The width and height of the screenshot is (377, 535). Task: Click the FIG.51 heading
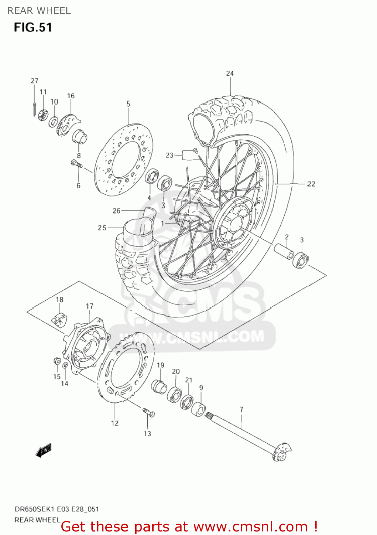point(33,27)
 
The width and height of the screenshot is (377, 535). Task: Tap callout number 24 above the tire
point(230,73)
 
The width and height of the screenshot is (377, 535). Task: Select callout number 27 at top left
point(34,81)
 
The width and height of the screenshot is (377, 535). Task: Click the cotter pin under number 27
point(34,108)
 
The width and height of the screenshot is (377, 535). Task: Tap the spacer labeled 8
point(80,137)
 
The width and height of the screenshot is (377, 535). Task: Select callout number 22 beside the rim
point(311,184)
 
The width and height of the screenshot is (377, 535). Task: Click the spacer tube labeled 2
point(284,251)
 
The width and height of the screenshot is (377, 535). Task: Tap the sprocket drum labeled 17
point(86,346)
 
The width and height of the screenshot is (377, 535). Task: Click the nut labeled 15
point(56,361)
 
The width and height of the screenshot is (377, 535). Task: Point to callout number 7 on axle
point(241,409)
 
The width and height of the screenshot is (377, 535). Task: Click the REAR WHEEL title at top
point(39,11)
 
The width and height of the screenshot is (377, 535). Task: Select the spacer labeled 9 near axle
point(198,409)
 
